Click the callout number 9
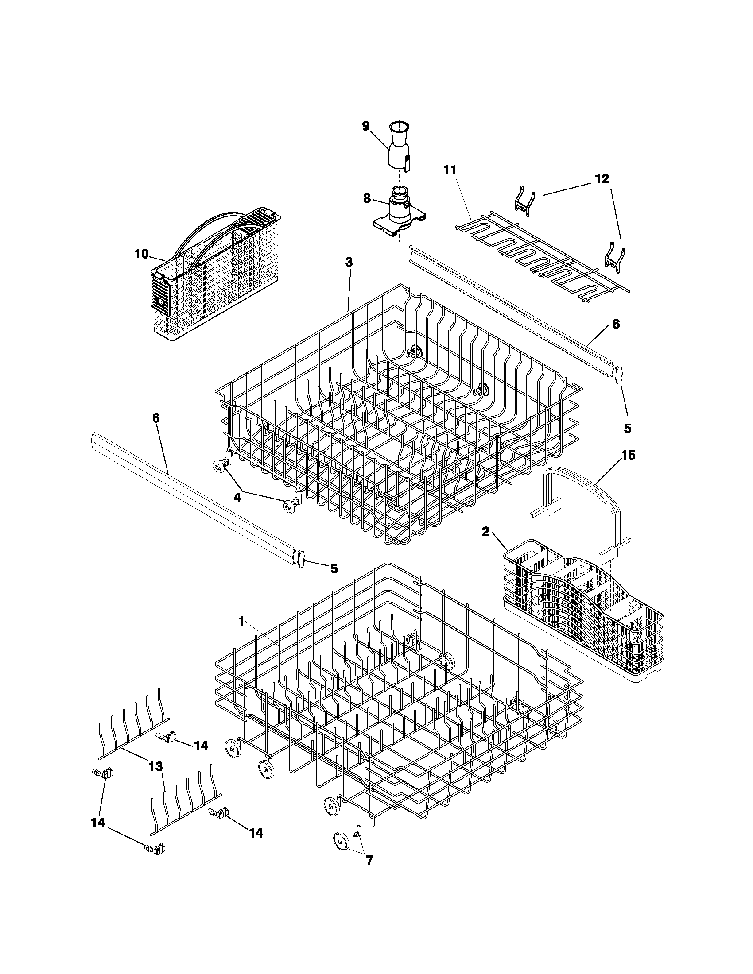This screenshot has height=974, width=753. pos(365,126)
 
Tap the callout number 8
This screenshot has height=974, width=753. pos(367,198)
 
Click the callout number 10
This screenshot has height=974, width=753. pos(141,254)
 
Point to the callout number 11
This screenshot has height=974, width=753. pos(450,170)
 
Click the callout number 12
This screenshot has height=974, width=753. pos(602,179)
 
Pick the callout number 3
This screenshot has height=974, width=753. pos(349,263)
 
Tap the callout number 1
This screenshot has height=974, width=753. pos(241,621)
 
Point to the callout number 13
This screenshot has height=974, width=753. pos(155,766)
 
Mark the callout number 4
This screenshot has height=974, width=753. pos(237,497)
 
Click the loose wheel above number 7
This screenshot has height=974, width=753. pos(342,841)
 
